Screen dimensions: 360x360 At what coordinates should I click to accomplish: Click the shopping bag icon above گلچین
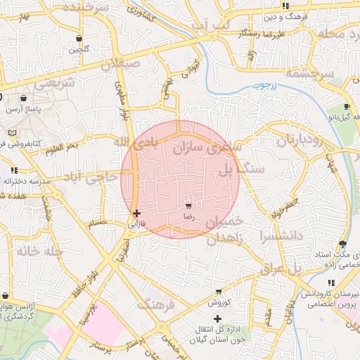[79, 38]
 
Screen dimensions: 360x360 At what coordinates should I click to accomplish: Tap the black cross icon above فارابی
[136, 212]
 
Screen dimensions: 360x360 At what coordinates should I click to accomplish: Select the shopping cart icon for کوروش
[219, 290]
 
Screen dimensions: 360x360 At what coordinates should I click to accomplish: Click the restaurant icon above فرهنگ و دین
[285, 6]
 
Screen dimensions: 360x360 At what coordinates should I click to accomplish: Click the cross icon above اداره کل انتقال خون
[217, 319]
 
